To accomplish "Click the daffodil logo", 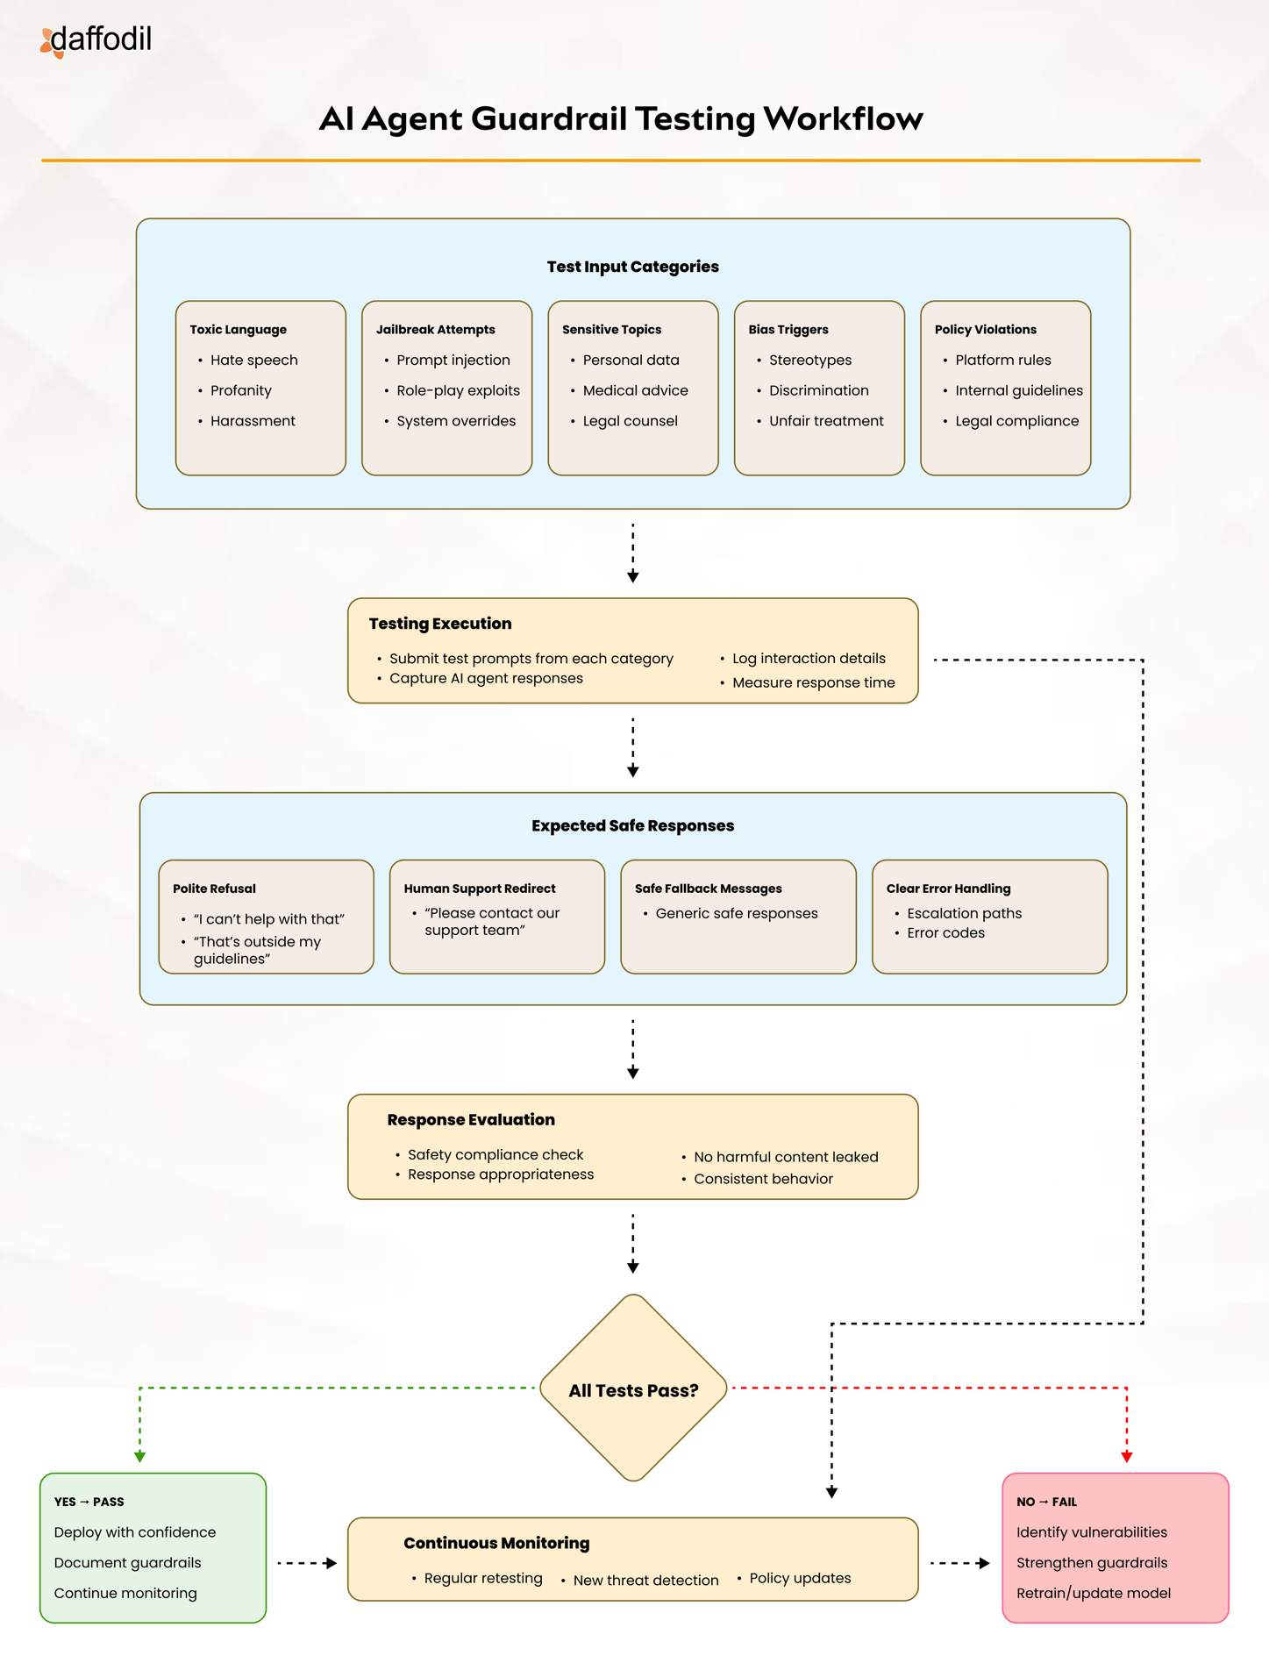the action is coord(96,40).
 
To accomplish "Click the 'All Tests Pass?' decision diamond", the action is coord(633,1388).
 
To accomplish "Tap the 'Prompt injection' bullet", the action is coord(453,360).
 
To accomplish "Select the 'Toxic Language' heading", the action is coord(238,330).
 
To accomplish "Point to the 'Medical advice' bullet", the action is coord(635,390).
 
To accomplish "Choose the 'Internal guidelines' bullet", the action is coord(1019,390).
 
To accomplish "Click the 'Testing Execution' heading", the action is coord(440,624).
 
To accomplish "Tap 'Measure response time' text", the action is coord(814,682).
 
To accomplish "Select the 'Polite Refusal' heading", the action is coord(214,889).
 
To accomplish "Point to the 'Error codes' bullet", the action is coord(945,933).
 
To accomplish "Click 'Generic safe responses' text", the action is coord(737,913).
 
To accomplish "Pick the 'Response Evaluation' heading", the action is coord(471,1120).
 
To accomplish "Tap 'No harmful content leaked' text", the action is coord(786,1157).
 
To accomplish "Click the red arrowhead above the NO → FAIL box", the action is coord(1127,1457).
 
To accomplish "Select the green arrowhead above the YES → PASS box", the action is coord(139,1457).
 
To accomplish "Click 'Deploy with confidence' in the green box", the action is coord(135,1532).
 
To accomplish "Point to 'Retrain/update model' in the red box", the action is coord(1094,1594).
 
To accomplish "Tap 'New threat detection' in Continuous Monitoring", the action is coord(645,1581).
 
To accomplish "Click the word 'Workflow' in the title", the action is coord(843,118).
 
